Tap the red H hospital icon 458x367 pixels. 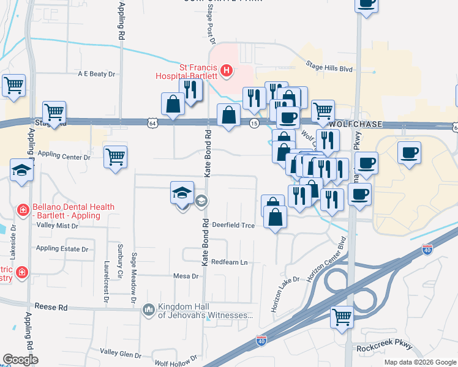click(x=227, y=71)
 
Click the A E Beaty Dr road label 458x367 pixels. click(x=96, y=74)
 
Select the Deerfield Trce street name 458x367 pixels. click(x=233, y=224)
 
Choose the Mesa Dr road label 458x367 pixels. click(x=187, y=276)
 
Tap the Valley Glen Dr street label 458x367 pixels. click(x=121, y=353)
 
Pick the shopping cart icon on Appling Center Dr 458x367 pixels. click(x=115, y=156)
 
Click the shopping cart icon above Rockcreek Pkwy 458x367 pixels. click(x=342, y=317)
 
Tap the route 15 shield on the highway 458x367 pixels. click(x=253, y=124)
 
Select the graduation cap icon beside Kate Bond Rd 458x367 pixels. click(x=182, y=193)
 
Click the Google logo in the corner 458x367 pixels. click(x=20, y=360)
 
